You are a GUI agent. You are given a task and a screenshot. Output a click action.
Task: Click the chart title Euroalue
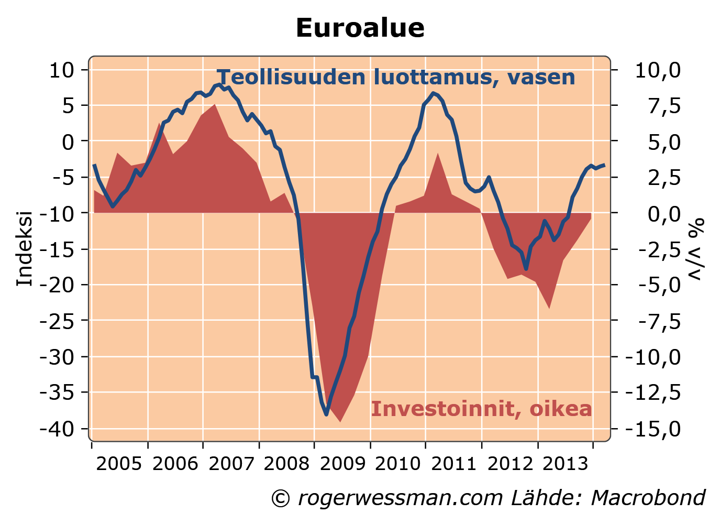coord(360,28)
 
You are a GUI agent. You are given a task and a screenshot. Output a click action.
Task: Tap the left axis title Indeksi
coord(25,249)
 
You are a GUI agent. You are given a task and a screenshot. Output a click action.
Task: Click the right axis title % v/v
coord(696,249)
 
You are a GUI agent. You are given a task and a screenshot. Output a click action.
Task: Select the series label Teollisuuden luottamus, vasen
coord(396,77)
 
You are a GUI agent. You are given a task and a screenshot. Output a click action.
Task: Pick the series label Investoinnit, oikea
coord(481,409)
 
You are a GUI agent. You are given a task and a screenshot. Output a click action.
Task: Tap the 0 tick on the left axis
coord(68,141)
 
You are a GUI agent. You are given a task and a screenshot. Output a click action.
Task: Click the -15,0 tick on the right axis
coord(658,429)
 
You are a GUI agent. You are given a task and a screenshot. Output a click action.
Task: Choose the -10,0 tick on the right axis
coord(658,357)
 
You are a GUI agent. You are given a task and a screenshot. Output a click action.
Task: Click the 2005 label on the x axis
coord(119,463)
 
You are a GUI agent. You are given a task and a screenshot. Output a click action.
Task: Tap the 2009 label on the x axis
coord(342,463)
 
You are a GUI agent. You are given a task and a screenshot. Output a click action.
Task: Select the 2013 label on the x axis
coord(565,463)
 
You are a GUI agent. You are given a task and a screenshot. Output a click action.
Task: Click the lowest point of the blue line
coord(326,414)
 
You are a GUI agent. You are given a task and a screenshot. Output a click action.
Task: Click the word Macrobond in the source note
coord(648,498)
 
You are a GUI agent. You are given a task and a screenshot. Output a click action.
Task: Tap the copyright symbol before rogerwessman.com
coord(281,498)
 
